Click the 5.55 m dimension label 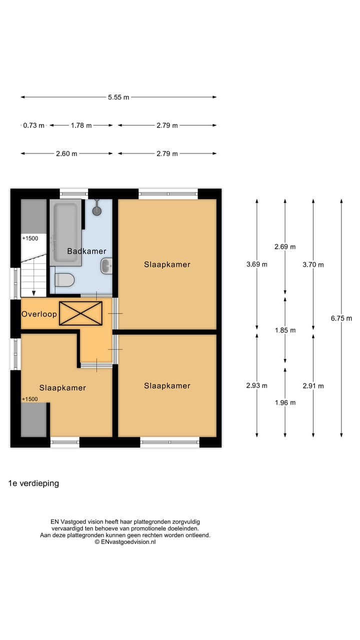coord(118,97)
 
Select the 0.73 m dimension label coord(34,125)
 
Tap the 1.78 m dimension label coord(81,125)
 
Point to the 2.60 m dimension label coord(66,153)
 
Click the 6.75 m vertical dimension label coord(341,318)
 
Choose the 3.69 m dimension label coord(257,264)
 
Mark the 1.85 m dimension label coord(285,330)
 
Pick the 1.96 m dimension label coord(285,402)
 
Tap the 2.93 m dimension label coord(257,385)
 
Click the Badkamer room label coord(86,251)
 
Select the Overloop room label coord(39,314)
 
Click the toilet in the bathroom coord(64,280)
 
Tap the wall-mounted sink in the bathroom coord(107,266)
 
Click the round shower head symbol coord(97,210)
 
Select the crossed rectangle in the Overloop coord(80,313)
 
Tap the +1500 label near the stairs coord(30,238)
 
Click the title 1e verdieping coord(33,483)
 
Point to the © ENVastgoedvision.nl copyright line coord(125,541)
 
